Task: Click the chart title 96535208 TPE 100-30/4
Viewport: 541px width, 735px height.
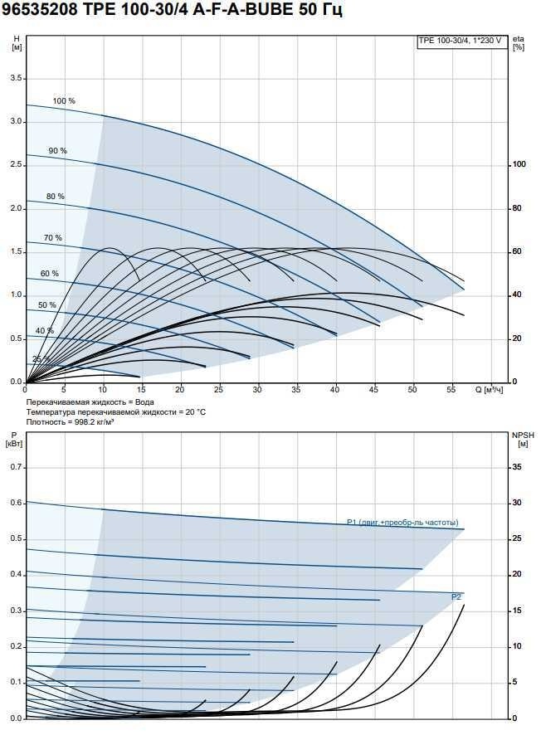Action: (x=172, y=11)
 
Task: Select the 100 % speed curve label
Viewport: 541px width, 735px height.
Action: (x=64, y=101)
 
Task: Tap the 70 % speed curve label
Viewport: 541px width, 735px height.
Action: (x=53, y=238)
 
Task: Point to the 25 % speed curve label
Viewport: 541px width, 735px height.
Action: (x=41, y=359)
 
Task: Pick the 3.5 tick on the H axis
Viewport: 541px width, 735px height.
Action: (x=15, y=79)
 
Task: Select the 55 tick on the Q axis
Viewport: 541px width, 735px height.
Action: (x=451, y=389)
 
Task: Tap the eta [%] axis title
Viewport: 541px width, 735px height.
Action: (x=519, y=43)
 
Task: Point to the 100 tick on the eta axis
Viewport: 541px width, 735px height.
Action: (x=519, y=165)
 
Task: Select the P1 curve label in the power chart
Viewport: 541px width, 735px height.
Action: (x=402, y=522)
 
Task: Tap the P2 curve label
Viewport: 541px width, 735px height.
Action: (x=456, y=597)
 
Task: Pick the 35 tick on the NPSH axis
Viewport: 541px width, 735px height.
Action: (x=516, y=468)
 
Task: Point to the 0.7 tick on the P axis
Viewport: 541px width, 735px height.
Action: (x=15, y=468)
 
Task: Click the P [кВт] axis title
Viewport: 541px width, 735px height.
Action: (x=15, y=439)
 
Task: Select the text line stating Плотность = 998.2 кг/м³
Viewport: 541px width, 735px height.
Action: (x=70, y=421)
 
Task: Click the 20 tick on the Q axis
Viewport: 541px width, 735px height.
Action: (x=180, y=389)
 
